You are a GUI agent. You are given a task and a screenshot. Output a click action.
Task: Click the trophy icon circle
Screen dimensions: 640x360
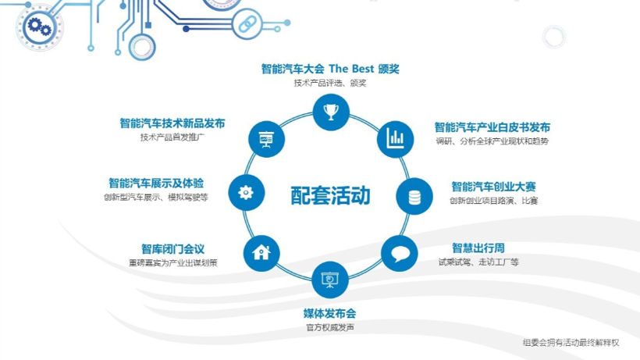[331, 112]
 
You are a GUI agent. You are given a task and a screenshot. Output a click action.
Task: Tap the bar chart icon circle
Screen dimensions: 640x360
[395, 139]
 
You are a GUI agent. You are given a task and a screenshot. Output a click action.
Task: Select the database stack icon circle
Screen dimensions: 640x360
[414, 196]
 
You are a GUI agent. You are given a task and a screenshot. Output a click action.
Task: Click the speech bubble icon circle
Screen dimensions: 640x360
[400, 254]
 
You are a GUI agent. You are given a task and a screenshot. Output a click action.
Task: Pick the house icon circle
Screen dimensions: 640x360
[261, 253]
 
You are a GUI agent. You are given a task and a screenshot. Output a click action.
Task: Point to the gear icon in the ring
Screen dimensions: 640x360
[246, 193]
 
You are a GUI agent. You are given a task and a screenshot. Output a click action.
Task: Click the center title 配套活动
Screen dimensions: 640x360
[330, 195]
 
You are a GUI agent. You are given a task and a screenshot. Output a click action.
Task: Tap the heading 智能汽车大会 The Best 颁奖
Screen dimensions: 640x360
[330, 69]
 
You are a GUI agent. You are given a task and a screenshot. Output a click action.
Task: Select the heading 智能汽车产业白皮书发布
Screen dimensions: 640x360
[492, 127]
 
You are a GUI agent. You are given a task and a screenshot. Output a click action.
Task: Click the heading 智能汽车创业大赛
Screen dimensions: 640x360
[493, 187]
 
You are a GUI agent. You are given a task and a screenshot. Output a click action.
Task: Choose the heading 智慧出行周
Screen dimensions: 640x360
[478, 248]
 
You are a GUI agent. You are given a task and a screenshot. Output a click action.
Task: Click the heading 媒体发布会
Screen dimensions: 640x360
[330, 313]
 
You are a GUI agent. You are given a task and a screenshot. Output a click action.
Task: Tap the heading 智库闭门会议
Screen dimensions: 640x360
[173, 249]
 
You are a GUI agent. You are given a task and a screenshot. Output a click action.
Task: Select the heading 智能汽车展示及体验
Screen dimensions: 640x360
[156, 183]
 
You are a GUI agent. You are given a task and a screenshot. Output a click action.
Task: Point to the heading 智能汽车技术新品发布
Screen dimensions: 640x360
[172, 123]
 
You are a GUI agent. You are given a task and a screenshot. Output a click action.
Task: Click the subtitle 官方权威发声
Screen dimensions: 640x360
[330, 327]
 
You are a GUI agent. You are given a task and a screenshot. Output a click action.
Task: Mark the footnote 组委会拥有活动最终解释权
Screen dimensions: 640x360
[571, 343]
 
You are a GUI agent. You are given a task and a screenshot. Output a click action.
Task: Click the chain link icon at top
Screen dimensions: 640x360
[247, 24]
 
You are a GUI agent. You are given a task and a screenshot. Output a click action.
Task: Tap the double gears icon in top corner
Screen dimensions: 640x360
[39, 27]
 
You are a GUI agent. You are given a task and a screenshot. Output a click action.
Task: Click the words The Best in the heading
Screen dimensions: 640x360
[351, 69]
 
